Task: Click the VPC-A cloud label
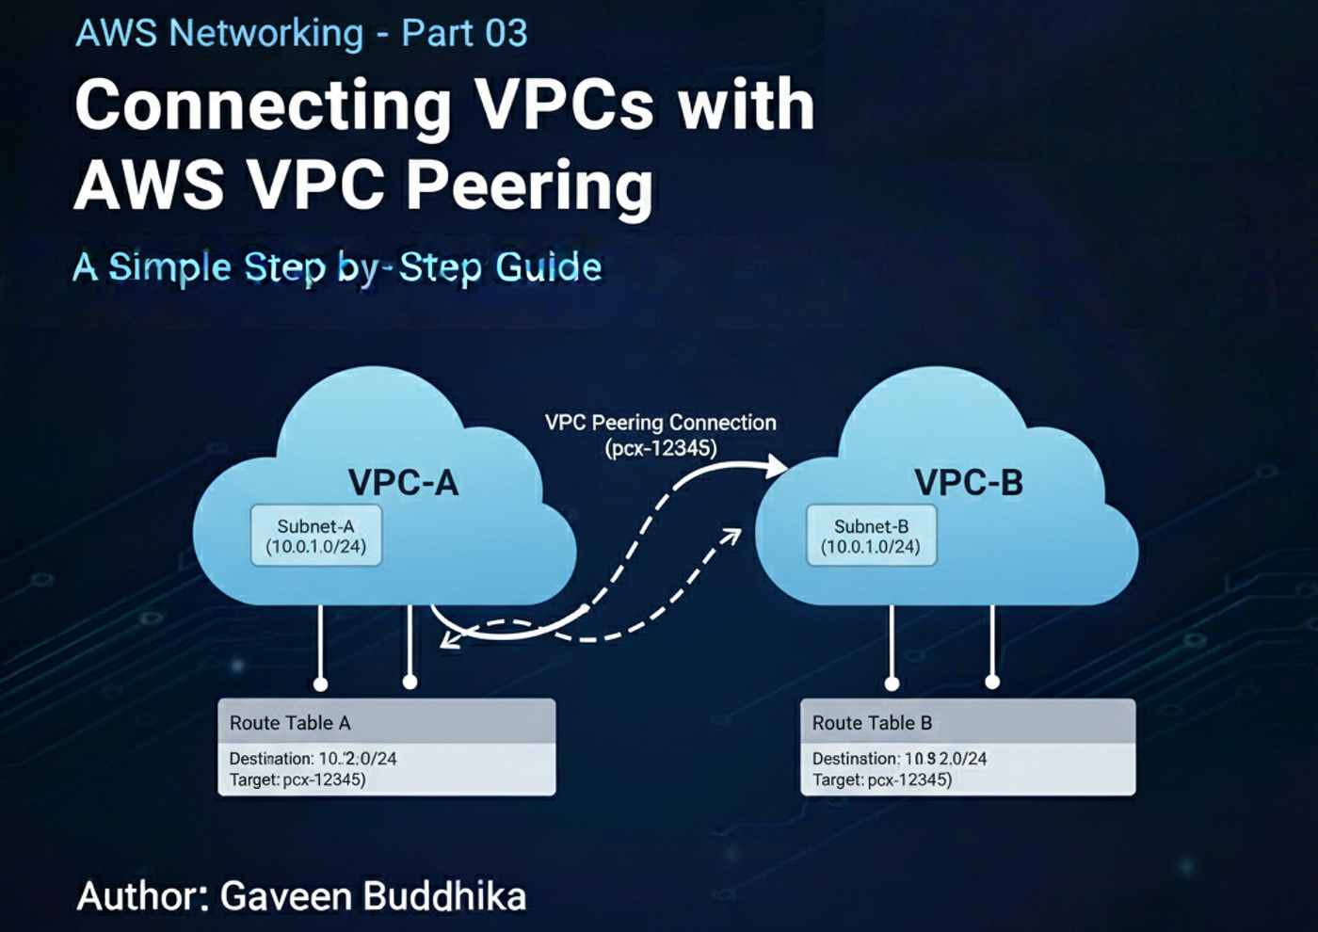click(403, 483)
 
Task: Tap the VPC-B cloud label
click(968, 483)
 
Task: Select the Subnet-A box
click(316, 536)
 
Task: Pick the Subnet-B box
click(871, 536)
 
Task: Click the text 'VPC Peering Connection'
click(660, 423)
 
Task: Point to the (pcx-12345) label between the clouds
click(660, 448)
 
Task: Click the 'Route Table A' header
click(290, 723)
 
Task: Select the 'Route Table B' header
click(872, 723)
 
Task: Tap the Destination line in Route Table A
click(313, 759)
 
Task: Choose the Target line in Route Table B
click(881, 780)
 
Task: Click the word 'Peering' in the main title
click(529, 185)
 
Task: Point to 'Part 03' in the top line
click(464, 34)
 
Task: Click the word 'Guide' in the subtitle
click(549, 267)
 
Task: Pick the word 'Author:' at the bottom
click(143, 896)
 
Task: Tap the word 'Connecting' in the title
click(264, 106)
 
